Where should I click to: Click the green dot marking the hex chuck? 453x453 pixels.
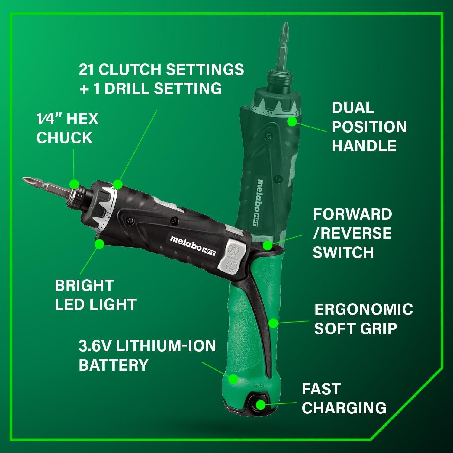pos(74,183)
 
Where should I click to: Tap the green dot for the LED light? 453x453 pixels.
pos(99,243)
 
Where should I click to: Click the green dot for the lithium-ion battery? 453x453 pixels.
pos(233,378)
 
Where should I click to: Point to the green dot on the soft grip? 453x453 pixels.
pos(273,323)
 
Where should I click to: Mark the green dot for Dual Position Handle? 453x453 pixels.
pos(292,121)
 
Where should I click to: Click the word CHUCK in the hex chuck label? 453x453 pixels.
pos(64,138)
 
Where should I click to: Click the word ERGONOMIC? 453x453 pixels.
pos(363,309)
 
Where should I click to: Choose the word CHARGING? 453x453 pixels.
pos(344,408)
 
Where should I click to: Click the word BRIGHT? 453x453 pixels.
pos(84,285)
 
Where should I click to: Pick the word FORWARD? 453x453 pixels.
pos(352,214)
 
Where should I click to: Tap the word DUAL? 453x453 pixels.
pos(353,108)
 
